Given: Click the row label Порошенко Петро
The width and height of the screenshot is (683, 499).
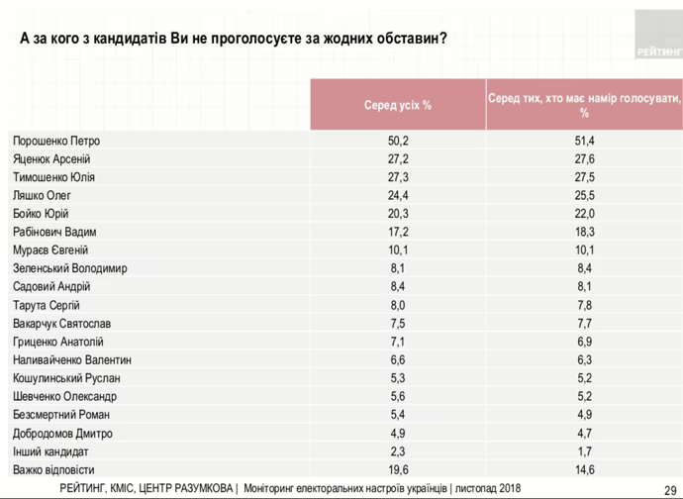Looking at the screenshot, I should (x=56, y=141).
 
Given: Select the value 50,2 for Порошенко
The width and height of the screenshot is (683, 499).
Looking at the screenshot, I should (x=398, y=141).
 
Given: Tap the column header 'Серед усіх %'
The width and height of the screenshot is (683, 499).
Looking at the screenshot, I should (x=398, y=105).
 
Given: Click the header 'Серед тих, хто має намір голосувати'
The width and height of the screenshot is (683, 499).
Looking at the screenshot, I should (x=584, y=105).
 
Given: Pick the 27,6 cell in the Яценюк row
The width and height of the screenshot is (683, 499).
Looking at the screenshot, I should (x=584, y=158).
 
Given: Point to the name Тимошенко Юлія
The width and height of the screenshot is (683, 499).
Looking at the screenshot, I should (x=53, y=177).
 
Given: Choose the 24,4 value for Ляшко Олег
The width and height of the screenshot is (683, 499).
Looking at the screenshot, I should (x=398, y=195).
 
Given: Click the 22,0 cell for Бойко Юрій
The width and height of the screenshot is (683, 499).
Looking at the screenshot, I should (x=584, y=213).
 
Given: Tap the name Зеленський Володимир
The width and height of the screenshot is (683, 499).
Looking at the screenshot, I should (x=69, y=268).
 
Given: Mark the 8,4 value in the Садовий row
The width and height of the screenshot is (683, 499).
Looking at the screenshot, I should (x=398, y=286).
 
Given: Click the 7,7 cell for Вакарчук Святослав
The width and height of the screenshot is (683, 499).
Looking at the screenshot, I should (x=584, y=323).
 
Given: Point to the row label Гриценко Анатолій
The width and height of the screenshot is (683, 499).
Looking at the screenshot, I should (x=58, y=342).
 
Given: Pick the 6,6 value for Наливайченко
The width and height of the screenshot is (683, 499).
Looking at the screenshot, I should (x=398, y=359).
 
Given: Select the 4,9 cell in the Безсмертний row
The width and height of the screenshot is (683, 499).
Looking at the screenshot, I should (x=584, y=415).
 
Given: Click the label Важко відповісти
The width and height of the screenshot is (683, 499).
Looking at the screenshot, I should (x=53, y=469).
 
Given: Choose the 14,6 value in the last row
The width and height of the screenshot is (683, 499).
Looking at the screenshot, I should (x=584, y=469).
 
